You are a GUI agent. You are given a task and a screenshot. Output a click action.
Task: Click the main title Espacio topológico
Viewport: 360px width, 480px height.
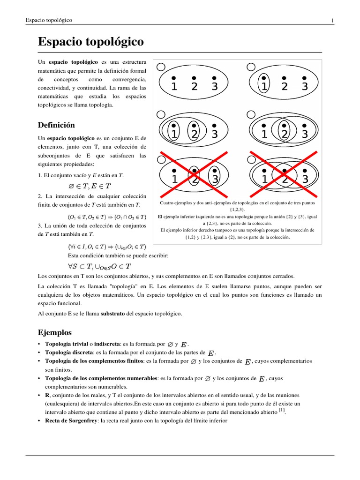point(90,42)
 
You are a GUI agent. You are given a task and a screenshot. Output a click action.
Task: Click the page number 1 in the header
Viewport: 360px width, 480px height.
point(332,20)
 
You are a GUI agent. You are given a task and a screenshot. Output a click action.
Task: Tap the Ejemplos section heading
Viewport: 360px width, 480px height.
point(54,332)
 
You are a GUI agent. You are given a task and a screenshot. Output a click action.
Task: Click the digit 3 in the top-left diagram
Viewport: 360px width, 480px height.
point(215,86)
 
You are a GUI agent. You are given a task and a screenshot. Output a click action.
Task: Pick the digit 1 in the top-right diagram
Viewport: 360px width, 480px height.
point(264,86)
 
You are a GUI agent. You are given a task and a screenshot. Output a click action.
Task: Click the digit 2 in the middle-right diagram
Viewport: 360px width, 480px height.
point(285,134)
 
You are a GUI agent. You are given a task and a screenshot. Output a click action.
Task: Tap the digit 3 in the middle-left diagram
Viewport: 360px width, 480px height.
point(215,134)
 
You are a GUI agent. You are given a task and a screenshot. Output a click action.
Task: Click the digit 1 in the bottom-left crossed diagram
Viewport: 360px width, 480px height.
point(174,179)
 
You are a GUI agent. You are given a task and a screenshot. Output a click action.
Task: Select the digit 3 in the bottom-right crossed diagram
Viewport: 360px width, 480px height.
point(305,179)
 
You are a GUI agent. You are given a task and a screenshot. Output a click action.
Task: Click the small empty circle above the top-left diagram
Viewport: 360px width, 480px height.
point(161,67)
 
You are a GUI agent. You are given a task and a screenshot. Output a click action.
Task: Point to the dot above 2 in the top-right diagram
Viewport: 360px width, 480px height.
point(285,78)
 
